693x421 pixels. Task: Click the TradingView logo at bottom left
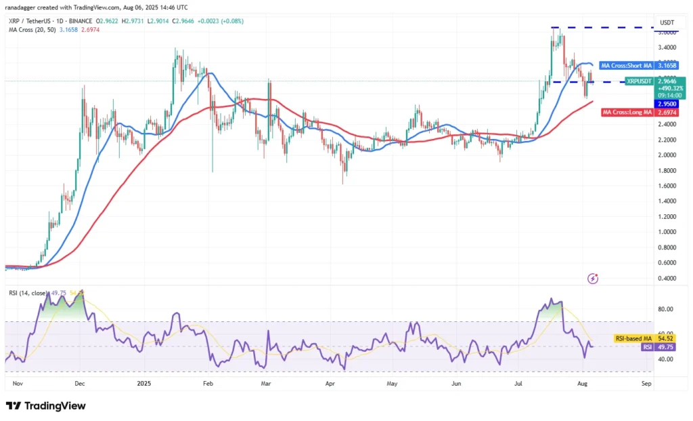(x=46, y=405)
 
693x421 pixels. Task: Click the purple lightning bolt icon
(x=593, y=278)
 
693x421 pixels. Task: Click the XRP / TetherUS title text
(x=30, y=22)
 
